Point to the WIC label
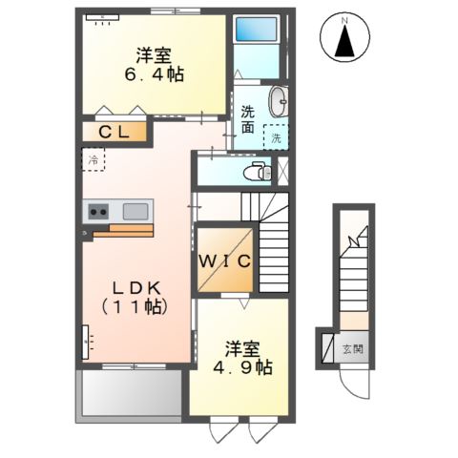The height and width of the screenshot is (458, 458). [225, 260]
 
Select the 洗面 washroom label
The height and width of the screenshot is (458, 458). [249, 119]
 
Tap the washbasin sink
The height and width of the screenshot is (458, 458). [278, 102]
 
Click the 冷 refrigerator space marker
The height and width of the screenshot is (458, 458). [94, 158]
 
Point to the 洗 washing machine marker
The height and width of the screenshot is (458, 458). [277, 137]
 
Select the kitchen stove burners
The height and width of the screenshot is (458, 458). [99, 210]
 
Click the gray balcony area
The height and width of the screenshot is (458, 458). [127, 392]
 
